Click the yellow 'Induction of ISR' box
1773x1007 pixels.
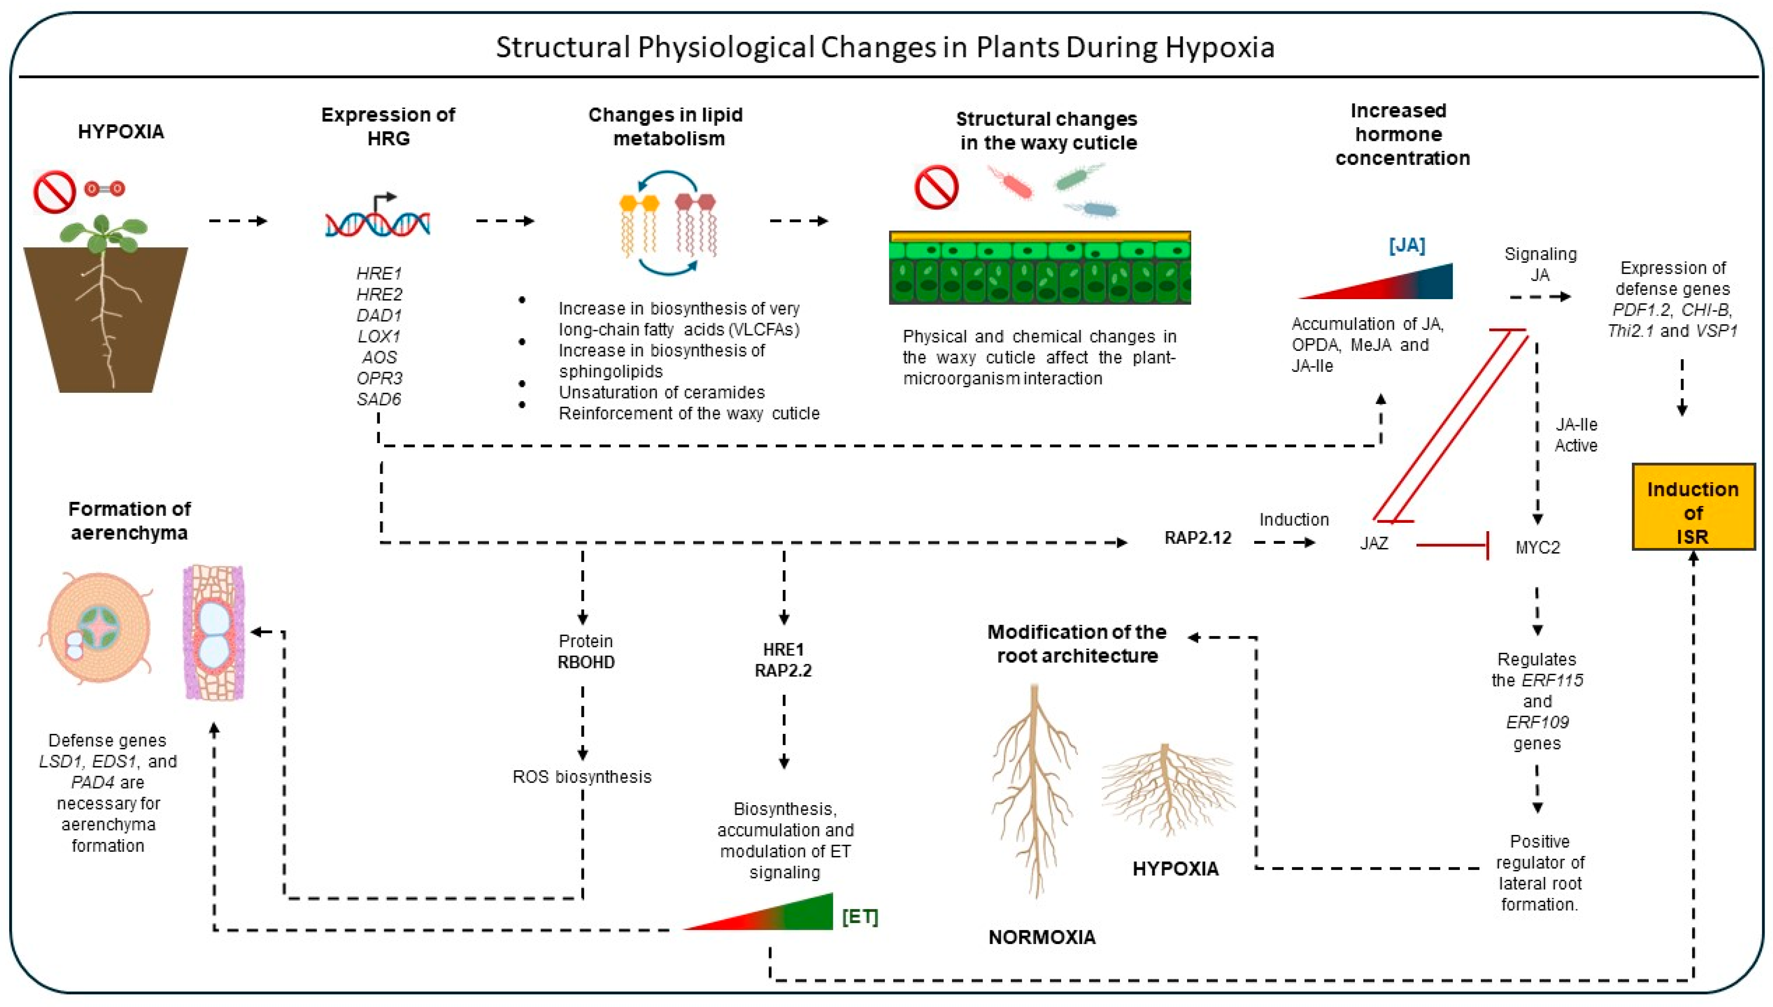(x=1693, y=506)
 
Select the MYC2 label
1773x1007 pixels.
(x=1537, y=547)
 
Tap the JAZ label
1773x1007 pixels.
(x=1374, y=543)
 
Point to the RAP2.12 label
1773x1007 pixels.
(x=1198, y=537)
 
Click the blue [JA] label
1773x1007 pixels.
(x=1407, y=245)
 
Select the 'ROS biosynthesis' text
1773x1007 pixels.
(x=582, y=777)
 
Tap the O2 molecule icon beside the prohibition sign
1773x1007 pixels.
(x=105, y=188)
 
